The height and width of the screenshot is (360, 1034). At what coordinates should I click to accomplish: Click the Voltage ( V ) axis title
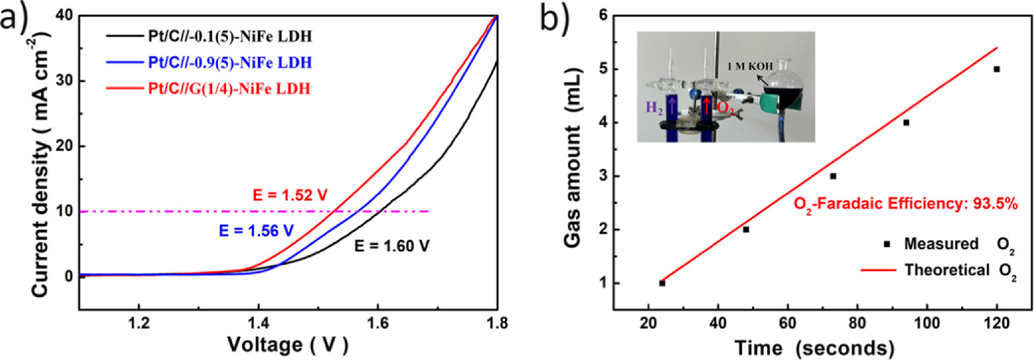pos(288,345)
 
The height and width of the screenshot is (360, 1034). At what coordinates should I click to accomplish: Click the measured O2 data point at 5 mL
pos(996,69)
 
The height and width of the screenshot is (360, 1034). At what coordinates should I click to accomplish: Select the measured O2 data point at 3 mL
pos(833,176)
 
